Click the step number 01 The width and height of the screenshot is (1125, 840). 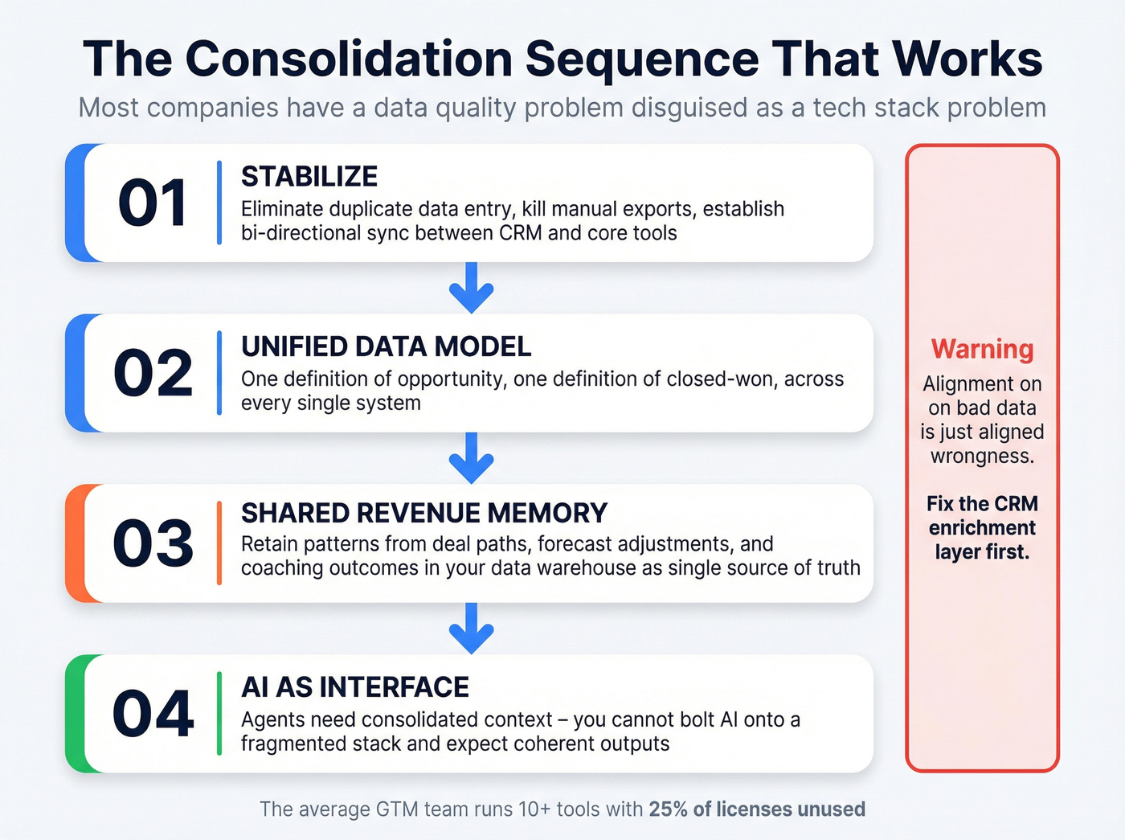[x=153, y=203]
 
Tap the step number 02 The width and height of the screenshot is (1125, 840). [x=153, y=374]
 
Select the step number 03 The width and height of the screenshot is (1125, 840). [x=153, y=544]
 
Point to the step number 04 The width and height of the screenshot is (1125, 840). [x=153, y=714]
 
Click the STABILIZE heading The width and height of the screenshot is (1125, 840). [x=309, y=177]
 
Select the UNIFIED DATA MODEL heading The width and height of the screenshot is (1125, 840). [x=386, y=346]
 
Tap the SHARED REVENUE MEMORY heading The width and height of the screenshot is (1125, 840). [x=424, y=513]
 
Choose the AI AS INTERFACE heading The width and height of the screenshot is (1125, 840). [x=355, y=687]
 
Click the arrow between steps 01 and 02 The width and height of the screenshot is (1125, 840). [x=472, y=288]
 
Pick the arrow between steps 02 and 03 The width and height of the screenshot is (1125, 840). [x=472, y=458]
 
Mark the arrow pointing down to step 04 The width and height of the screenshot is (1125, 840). [x=472, y=629]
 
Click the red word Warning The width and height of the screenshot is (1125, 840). [x=982, y=350]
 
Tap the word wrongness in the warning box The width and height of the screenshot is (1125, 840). [x=982, y=457]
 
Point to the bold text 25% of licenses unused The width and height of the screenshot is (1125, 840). [x=757, y=809]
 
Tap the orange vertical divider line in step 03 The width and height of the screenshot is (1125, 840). [x=219, y=543]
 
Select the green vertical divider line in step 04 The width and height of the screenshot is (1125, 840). [x=219, y=714]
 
